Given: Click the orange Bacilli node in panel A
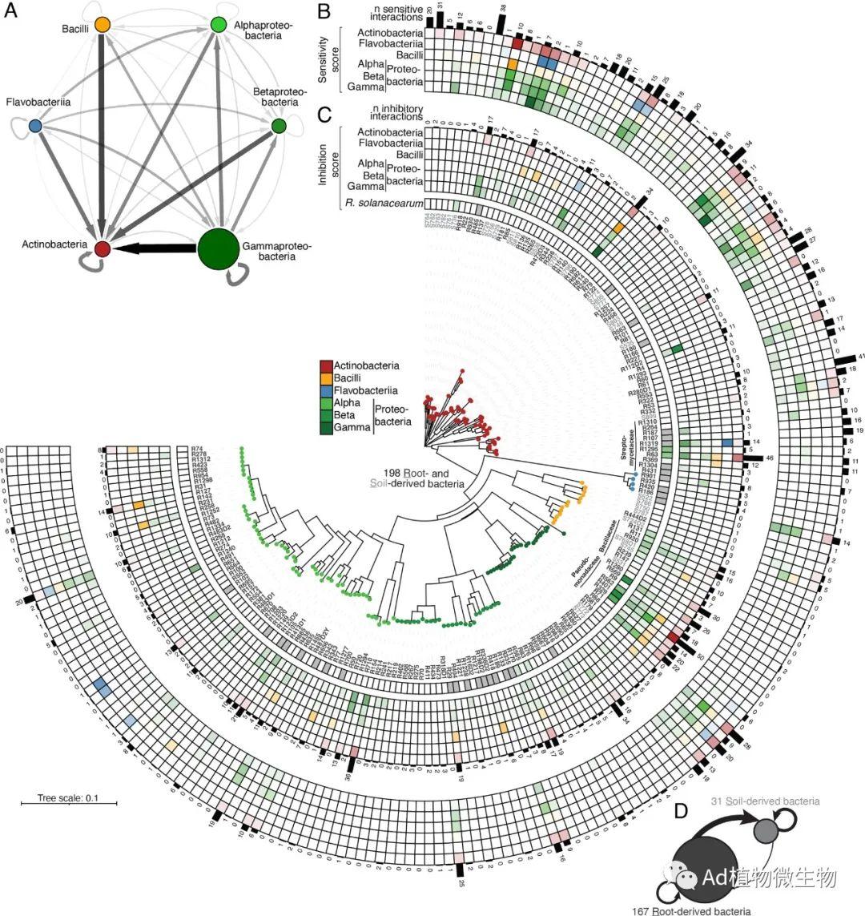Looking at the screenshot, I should tap(102, 25).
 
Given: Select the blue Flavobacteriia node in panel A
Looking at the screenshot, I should tap(35, 126).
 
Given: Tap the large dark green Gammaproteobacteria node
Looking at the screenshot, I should tap(219, 248).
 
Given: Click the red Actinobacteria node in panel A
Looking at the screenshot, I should tap(102, 248).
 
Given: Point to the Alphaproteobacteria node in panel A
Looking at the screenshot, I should tap(218, 25).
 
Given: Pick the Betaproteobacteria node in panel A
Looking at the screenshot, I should tap(279, 126).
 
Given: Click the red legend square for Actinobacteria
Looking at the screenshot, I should tap(326, 366).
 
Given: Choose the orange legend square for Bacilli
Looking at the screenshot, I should tap(326, 379).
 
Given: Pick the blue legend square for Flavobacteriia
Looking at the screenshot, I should tap(326, 392).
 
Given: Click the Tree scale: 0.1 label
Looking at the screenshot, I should tap(68, 797).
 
